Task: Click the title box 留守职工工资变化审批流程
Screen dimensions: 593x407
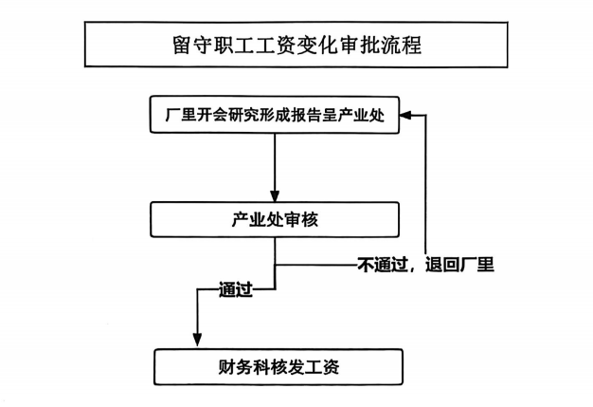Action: point(296,45)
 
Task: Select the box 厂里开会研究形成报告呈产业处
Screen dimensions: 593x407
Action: point(275,115)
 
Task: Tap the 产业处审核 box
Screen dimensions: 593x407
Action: point(275,219)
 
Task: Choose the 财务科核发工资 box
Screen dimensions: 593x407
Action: point(279,367)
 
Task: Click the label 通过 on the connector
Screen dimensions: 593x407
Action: point(236,290)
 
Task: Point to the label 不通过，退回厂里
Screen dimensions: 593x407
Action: point(426,265)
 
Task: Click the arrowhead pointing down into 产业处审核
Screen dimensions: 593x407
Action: point(275,196)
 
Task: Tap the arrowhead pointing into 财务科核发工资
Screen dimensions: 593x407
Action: point(197,340)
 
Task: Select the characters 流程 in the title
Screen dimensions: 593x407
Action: point(401,45)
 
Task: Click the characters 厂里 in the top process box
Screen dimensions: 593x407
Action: point(180,115)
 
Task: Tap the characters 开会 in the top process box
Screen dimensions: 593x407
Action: point(212,115)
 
